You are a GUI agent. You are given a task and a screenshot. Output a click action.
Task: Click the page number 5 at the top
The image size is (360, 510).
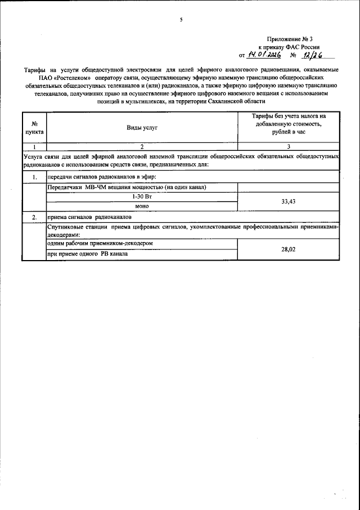click(181, 20)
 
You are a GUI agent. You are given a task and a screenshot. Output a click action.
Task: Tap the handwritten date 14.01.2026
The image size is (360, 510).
click(264, 55)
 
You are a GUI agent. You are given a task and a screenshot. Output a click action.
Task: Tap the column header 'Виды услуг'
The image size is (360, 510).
click(142, 128)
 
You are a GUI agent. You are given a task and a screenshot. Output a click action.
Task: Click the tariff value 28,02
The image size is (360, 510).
click(288, 248)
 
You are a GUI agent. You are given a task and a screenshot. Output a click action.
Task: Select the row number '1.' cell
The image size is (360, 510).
click(34, 178)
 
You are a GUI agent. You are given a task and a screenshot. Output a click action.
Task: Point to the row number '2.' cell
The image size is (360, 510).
click(34, 216)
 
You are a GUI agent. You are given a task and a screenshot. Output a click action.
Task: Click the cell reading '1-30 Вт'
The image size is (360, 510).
click(142, 197)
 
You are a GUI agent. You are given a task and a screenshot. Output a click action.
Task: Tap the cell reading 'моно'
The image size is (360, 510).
click(142, 206)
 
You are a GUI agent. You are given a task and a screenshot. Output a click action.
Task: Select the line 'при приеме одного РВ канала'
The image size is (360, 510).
click(87, 253)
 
